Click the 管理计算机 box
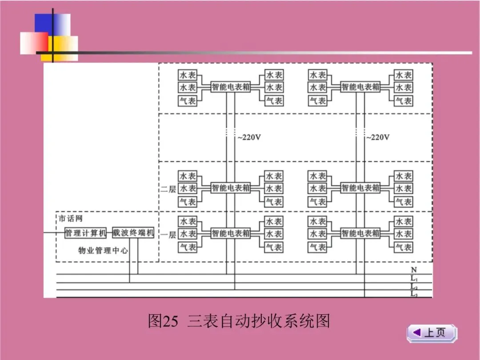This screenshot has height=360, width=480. point(86,233)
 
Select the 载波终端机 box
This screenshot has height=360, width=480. point(133,233)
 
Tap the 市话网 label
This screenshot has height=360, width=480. point(71,219)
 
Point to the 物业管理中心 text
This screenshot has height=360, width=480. point(103,250)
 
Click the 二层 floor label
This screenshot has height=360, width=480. point(168,189)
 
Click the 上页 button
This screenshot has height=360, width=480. point(432,333)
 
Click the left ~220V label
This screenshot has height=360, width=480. point(249,137)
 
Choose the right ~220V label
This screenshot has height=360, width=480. point(378,137)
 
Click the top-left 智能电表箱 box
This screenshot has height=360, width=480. point(231,87)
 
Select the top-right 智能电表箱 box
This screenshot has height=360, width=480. point(360,87)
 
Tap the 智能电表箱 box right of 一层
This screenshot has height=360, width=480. point(231,233)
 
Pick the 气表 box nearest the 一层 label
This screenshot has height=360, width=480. point(188,247)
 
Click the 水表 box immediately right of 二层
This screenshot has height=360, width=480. point(188,188)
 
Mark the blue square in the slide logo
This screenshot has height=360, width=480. point(49,24)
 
